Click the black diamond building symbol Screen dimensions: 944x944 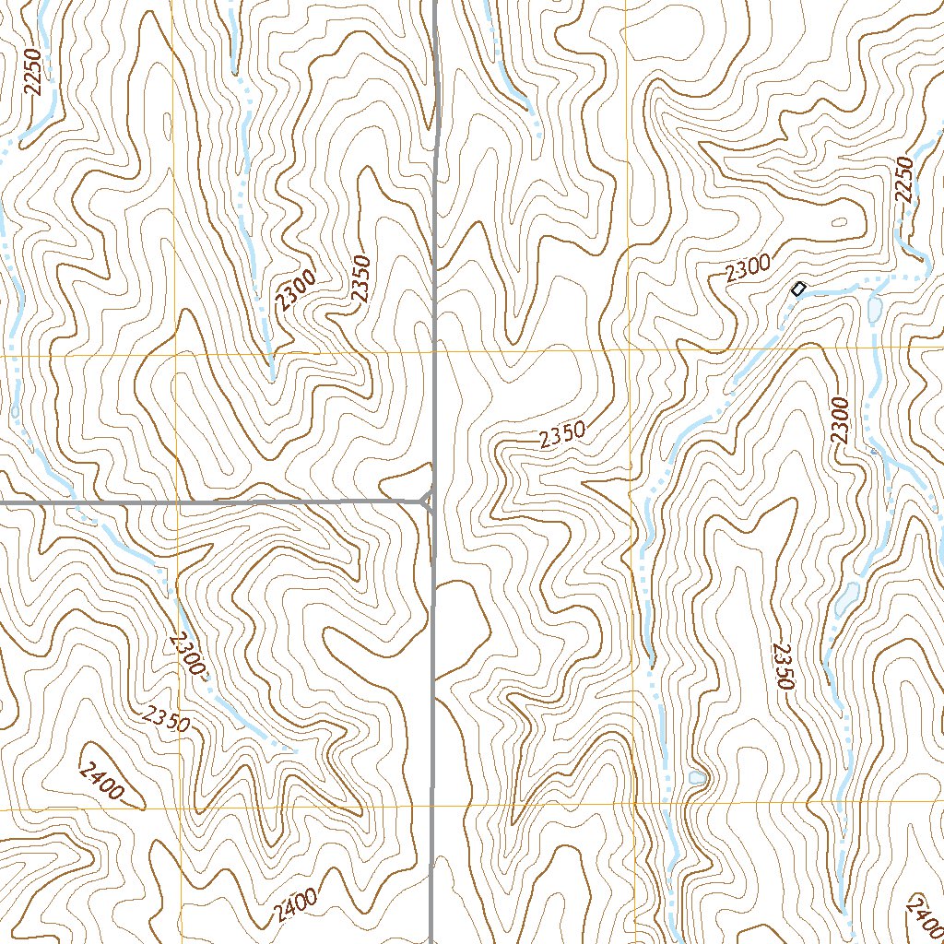pyautogui.click(x=798, y=289)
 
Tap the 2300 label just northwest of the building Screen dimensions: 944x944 pyautogui.click(x=747, y=269)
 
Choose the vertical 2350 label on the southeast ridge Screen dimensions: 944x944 pyautogui.click(x=783, y=666)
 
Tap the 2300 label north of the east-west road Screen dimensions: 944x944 pyautogui.click(x=296, y=289)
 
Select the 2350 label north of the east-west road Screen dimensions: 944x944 pyautogui.click(x=360, y=277)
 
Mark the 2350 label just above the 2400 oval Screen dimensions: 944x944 pyautogui.click(x=165, y=718)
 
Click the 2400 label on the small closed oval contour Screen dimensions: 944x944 pyautogui.click(x=102, y=781)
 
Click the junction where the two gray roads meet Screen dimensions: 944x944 pyautogui.click(x=427, y=501)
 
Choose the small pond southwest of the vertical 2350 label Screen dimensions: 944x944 pyautogui.click(x=697, y=779)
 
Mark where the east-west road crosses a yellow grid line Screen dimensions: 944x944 pyautogui.click(x=174, y=503)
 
